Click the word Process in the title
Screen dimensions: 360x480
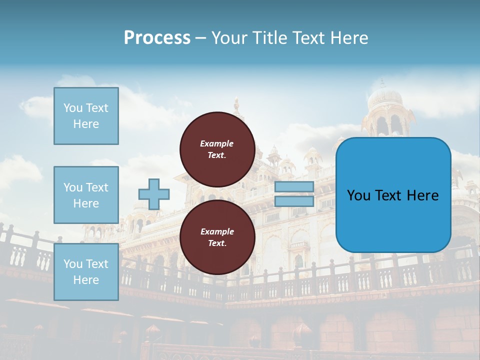coord(157,38)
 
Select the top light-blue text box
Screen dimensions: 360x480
coord(86,116)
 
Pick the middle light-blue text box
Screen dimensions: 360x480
coord(86,195)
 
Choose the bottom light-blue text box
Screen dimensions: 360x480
coord(86,272)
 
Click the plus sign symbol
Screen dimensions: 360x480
coord(154,194)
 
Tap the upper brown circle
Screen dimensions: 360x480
coord(217,149)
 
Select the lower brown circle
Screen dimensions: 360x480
coord(217,237)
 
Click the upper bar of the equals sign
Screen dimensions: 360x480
coord(294,187)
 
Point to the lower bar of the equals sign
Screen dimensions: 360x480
coord(294,201)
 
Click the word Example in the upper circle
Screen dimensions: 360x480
coord(217,143)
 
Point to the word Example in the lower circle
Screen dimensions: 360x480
coord(217,231)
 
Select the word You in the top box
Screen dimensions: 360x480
coord(73,108)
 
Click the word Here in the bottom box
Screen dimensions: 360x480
coord(86,280)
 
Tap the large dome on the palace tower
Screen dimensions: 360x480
coord(384,98)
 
